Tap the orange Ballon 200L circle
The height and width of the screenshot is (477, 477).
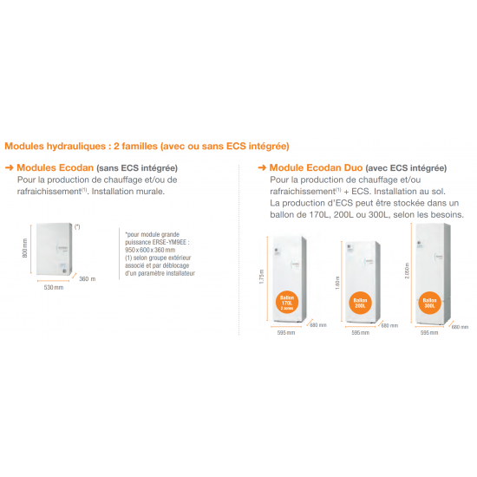point(359,304)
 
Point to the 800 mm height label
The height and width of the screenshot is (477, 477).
point(25,250)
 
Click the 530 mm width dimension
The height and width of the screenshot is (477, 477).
point(54,287)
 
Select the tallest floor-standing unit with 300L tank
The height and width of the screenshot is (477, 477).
point(432,273)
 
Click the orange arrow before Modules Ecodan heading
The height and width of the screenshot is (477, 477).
point(10,167)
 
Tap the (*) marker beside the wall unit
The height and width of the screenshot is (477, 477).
point(78,226)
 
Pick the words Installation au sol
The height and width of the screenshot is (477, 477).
point(406,191)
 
